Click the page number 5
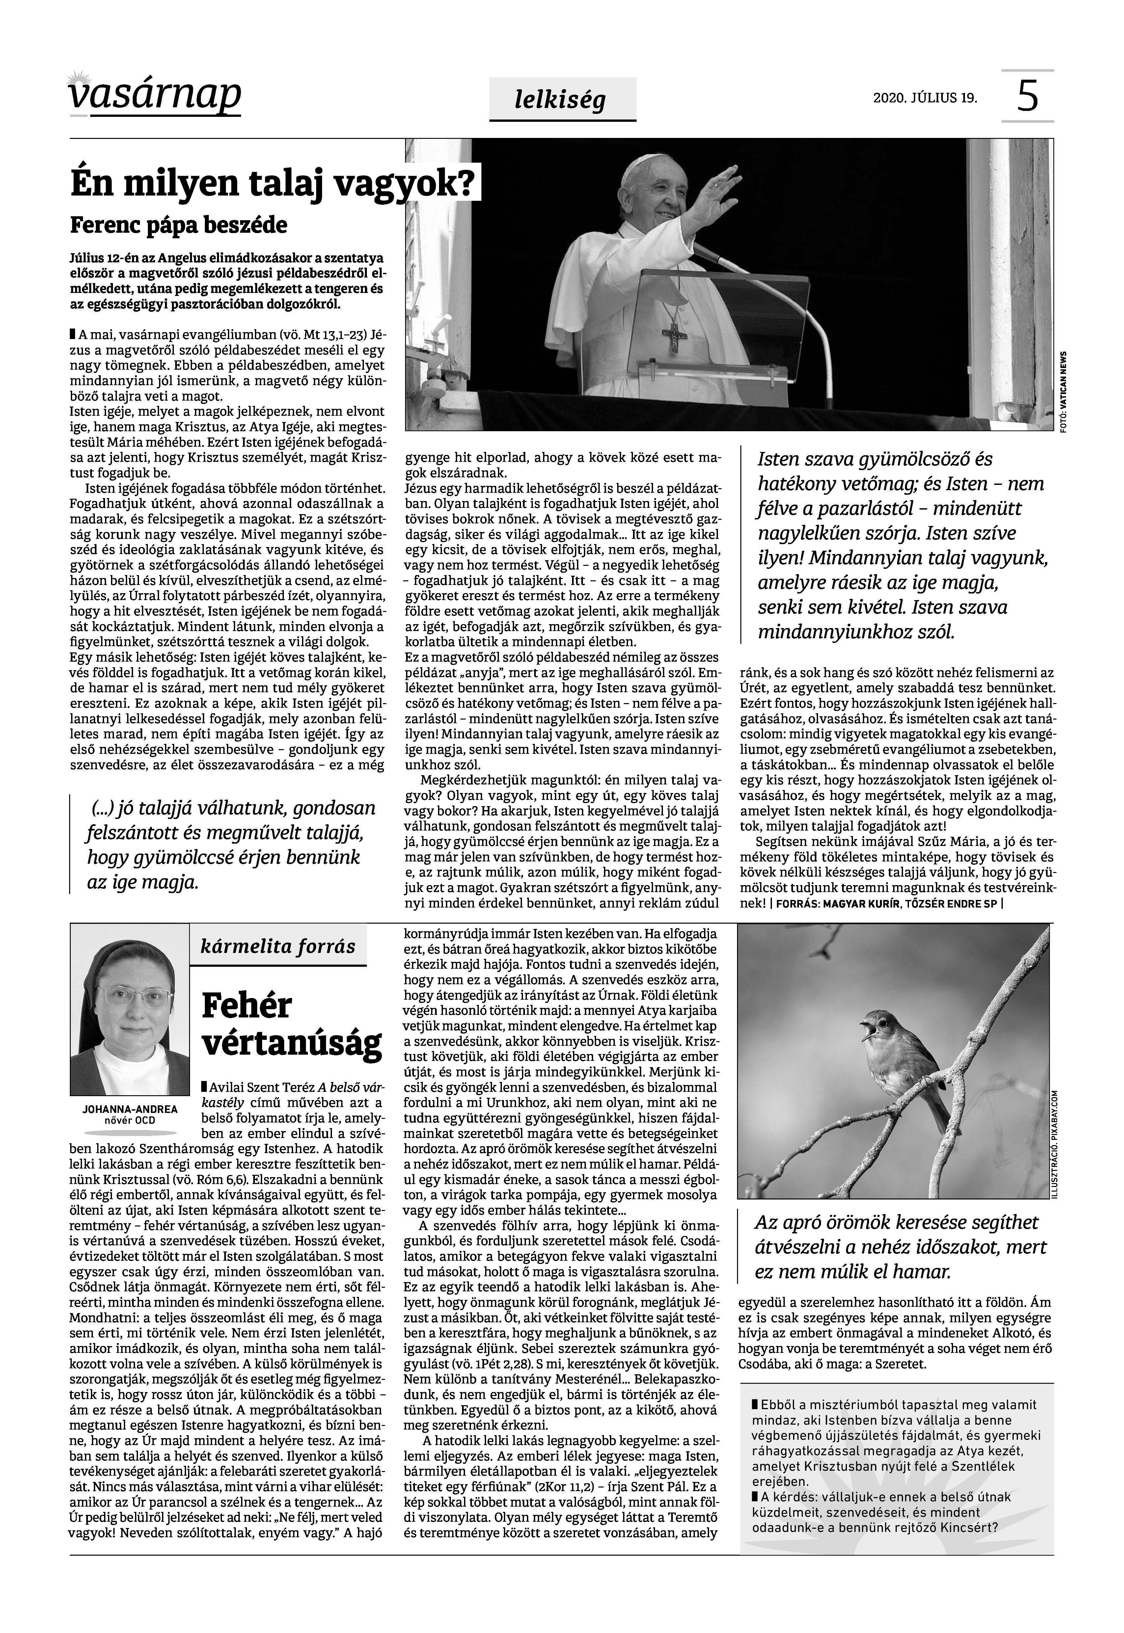pyautogui.click(x=1028, y=96)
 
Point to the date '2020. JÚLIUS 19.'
pyautogui.click(x=925, y=98)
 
